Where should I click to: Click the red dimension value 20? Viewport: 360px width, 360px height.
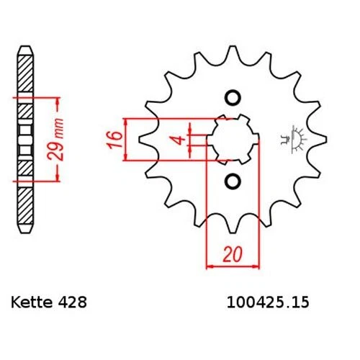[233, 254]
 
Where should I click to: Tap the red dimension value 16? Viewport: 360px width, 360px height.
[115, 140]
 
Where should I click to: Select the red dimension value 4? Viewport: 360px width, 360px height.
[179, 140]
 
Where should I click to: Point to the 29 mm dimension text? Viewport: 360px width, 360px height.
[55, 139]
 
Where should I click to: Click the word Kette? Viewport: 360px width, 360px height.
[32, 302]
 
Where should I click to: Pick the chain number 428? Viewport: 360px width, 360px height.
[72, 302]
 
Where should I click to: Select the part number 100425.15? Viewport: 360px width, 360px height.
[268, 302]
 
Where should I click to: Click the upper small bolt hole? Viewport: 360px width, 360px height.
[233, 98]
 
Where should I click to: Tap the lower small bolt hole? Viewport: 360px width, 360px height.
[233, 181]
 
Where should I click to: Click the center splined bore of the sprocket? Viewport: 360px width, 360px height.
[233, 140]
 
